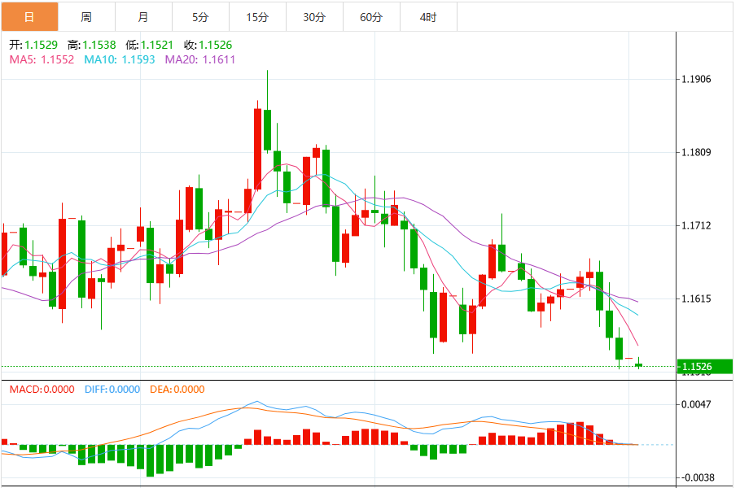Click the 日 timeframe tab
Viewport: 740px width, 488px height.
click(x=29, y=16)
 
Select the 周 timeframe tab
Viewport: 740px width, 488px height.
click(x=86, y=16)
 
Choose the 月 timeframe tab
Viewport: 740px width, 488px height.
click(x=143, y=16)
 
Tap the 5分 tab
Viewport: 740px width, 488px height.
click(x=200, y=16)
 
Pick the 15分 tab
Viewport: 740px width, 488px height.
click(x=257, y=16)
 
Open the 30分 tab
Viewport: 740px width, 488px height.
click(x=314, y=16)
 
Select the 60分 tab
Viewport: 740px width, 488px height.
click(x=371, y=16)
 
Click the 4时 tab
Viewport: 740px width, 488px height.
click(x=428, y=16)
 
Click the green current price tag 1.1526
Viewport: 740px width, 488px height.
click(x=705, y=367)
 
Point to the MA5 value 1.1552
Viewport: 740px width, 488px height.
click(x=57, y=59)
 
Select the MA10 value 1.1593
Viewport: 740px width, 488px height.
click(x=138, y=59)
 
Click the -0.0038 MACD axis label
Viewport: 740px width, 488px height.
click(x=698, y=477)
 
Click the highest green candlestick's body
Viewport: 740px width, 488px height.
click(x=267, y=129)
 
